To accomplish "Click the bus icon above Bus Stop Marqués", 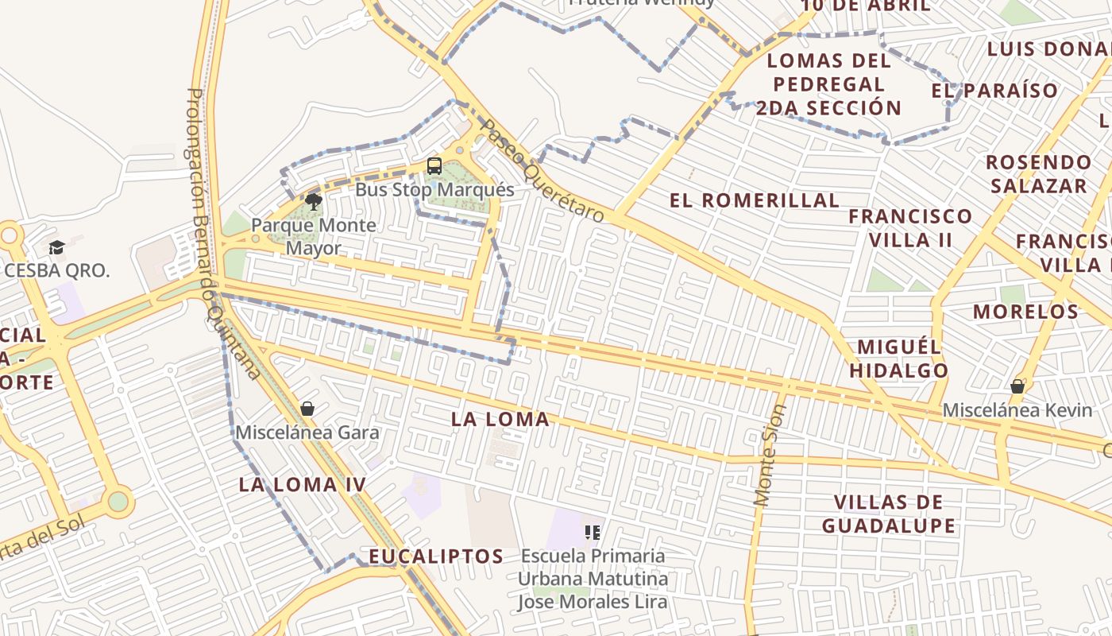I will pos(434,166).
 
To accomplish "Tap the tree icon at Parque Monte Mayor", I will pos(314,201).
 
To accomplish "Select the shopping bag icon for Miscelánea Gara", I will pos(307,409).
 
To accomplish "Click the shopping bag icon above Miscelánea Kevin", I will pos(1017,386).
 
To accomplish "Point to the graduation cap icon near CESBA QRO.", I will pos(56,247).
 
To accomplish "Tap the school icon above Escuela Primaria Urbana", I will pos(592,532).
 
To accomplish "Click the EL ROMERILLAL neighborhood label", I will pos(754,200).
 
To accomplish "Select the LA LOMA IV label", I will pos(303,484).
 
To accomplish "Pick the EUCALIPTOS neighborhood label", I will pos(436,556).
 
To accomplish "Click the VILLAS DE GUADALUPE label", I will pos(889,514).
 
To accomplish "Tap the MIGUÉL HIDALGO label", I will pos(899,359).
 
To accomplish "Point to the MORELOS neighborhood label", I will pos(1026,311).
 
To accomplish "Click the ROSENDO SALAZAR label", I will pos(1038,174).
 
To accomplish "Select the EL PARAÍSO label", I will pos(994,91).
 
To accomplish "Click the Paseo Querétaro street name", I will pos(543,172).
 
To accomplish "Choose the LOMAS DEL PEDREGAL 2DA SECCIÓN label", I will pos(828,84).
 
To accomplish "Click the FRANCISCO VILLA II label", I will pos(910,227).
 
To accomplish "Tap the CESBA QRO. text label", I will pos(57,270).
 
